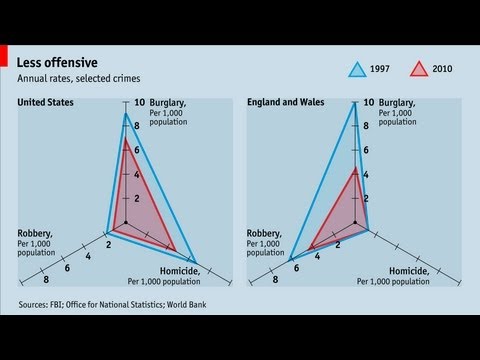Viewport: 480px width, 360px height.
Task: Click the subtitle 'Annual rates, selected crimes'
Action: (x=77, y=78)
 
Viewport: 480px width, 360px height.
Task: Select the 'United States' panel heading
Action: (x=47, y=102)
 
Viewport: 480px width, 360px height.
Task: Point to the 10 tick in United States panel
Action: (x=141, y=102)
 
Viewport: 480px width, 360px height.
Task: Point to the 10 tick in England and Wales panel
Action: (x=369, y=102)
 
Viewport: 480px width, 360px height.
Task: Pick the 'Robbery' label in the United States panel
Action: (x=36, y=234)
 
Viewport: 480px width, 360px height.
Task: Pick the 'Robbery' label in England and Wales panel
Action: (x=265, y=234)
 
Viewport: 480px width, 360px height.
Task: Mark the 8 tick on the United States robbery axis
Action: (x=46, y=280)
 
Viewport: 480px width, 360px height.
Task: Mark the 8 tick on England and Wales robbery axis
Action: (x=275, y=280)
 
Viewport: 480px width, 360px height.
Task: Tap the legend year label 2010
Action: (x=443, y=69)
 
